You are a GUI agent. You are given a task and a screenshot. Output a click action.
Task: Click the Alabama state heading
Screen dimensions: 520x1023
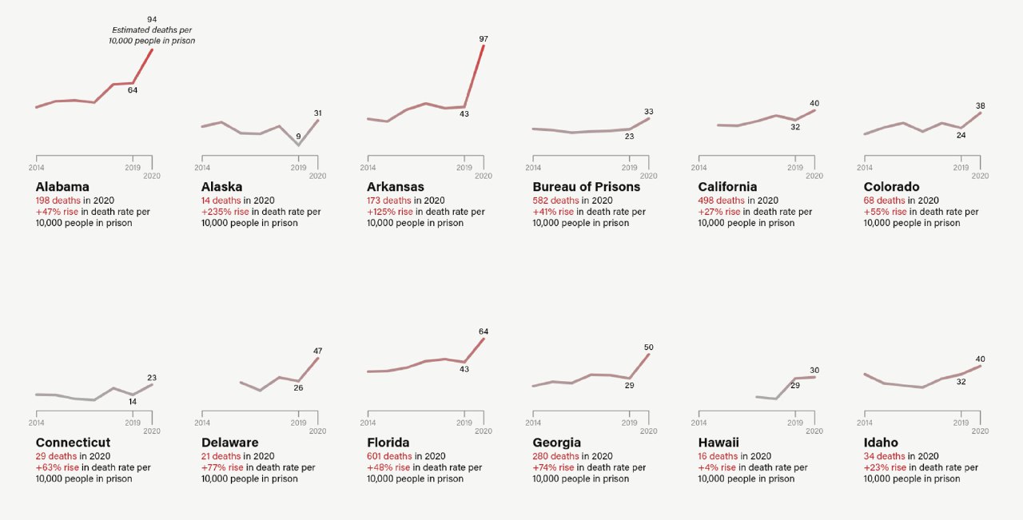(x=62, y=187)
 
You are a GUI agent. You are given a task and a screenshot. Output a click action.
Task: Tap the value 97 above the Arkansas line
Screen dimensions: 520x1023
(x=484, y=39)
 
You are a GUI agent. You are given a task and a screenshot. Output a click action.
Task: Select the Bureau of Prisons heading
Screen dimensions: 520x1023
(x=586, y=187)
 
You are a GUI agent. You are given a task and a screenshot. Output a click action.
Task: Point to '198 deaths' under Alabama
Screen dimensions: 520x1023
(x=58, y=200)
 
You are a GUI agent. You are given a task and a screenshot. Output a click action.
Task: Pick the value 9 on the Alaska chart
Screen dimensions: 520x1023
(x=298, y=137)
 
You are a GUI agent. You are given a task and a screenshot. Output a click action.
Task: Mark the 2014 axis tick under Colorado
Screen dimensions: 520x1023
(x=864, y=168)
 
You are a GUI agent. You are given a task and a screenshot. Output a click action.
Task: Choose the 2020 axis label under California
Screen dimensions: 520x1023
(x=814, y=176)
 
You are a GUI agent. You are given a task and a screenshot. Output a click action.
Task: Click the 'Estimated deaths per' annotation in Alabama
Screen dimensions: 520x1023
(x=152, y=30)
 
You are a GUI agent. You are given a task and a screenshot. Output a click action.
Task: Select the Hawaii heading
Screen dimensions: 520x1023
(x=718, y=443)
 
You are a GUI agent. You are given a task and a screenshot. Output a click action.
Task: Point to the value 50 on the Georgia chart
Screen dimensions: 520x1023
(x=649, y=347)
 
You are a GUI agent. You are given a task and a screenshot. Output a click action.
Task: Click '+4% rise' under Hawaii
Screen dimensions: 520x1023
(x=717, y=467)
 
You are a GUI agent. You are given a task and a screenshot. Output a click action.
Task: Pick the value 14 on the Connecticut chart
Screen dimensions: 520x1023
(x=133, y=402)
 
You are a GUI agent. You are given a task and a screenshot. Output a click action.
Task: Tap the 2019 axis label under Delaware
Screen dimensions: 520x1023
(x=298, y=423)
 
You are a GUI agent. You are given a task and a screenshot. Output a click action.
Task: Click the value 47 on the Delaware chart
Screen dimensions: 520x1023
(x=317, y=351)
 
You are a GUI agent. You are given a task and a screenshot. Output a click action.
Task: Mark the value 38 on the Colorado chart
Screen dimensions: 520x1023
(x=980, y=106)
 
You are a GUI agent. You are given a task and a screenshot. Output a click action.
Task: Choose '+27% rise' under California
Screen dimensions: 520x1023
(x=720, y=212)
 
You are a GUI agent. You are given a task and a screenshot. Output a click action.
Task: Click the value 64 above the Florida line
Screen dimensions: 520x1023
(x=484, y=331)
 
